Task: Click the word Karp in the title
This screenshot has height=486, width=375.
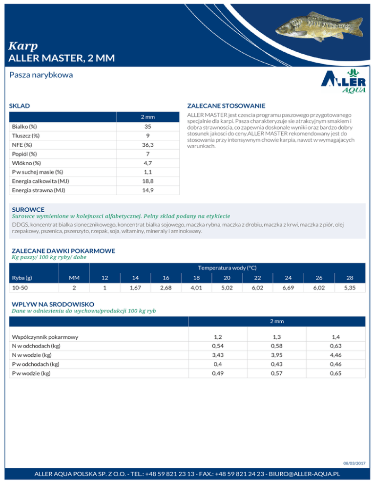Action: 23,46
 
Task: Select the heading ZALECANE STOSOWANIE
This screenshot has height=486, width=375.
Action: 226,106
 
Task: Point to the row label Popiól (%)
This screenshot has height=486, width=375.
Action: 25,154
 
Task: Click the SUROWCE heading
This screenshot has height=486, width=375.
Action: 28,209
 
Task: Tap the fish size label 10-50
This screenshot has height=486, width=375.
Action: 21,288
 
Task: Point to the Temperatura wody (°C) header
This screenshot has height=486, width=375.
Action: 227,267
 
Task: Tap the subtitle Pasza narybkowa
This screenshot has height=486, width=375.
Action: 41,76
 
